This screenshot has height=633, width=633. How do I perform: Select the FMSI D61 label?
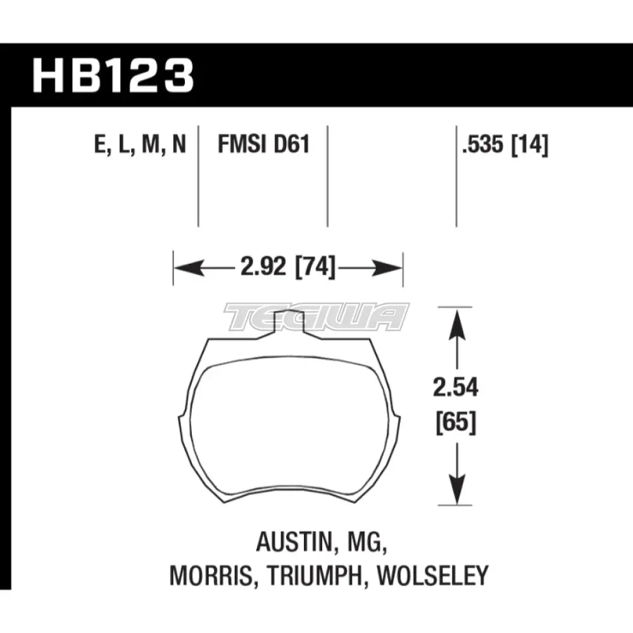[263, 145]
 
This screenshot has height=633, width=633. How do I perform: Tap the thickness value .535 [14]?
[505, 145]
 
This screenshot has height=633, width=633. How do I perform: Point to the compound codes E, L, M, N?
[141, 145]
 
